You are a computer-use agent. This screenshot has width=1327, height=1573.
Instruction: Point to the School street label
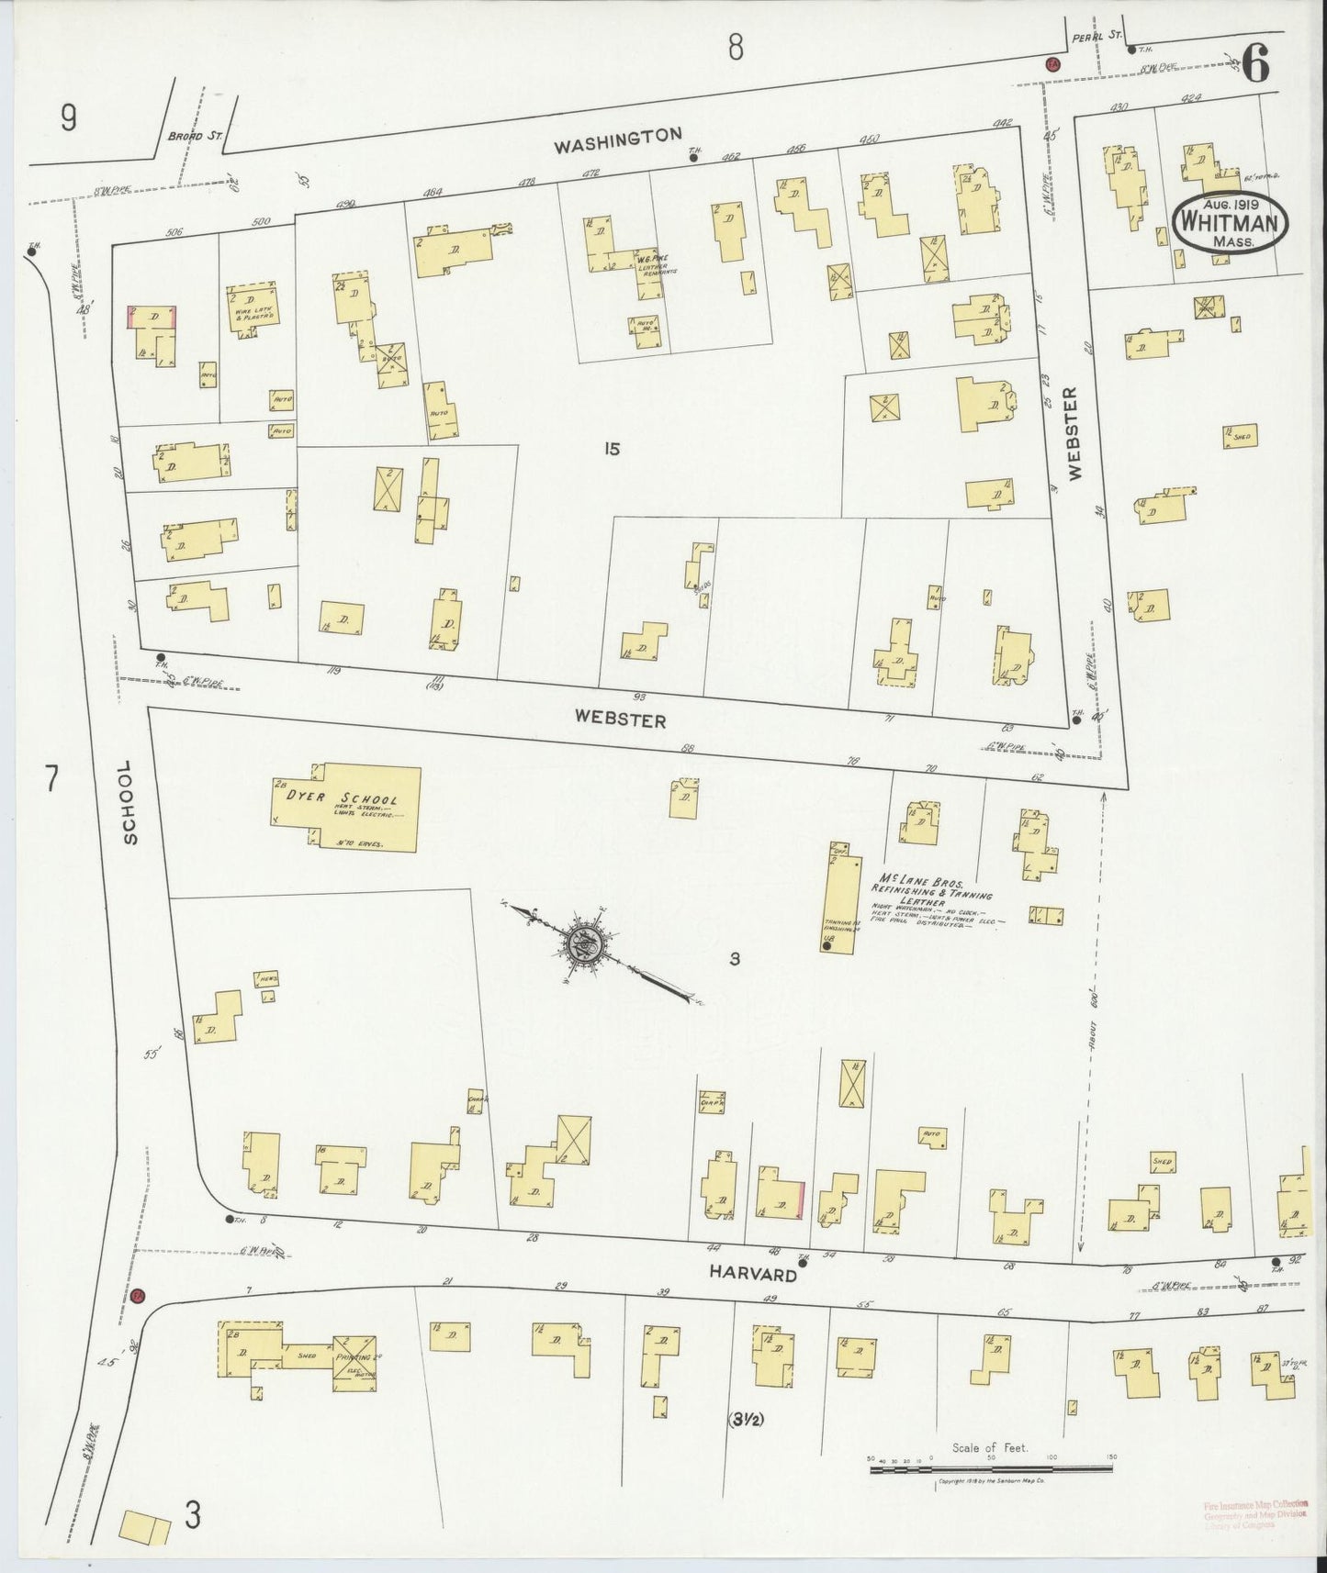[x=129, y=801]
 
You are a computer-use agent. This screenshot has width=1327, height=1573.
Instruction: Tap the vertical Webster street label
[x=1075, y=433]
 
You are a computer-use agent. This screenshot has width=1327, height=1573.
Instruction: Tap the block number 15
[x=613, y=449]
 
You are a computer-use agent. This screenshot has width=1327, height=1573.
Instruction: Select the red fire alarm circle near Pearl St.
[x=1052, y=64]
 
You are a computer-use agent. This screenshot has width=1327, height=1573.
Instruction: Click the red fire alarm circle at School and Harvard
[x=138, y=1296]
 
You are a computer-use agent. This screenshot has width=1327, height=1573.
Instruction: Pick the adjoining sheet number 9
[x=68, y=118]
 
